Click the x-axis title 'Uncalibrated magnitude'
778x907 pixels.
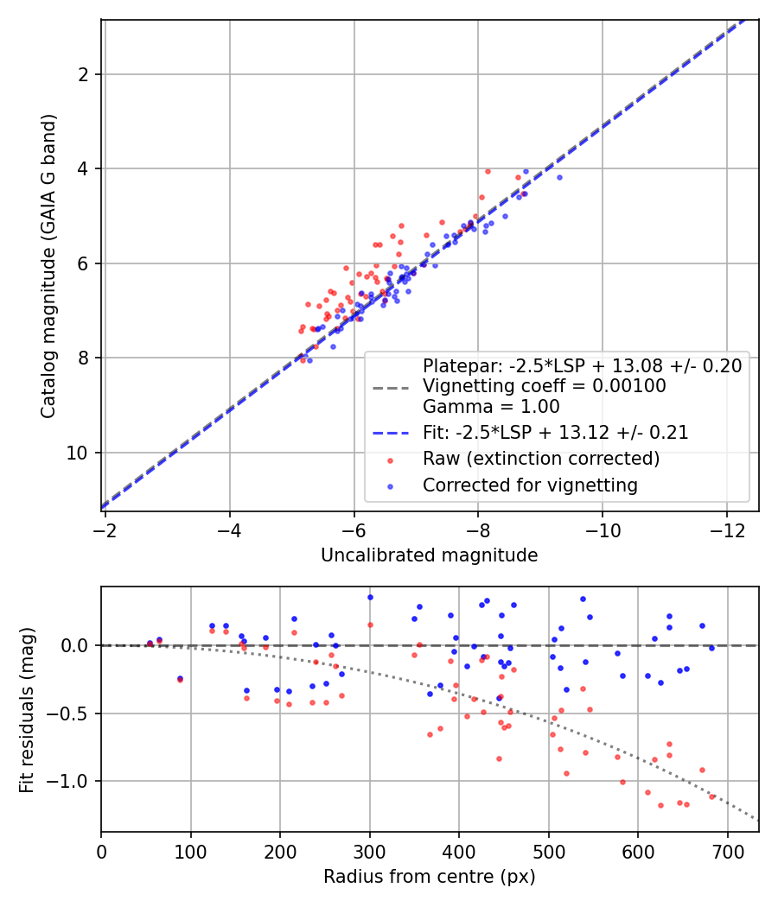[x=429, y=555]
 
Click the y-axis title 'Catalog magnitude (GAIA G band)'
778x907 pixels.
[x=48, y=266]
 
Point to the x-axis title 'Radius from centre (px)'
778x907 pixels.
[x=429, y=877]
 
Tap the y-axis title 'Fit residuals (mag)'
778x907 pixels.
[x=27, y=710]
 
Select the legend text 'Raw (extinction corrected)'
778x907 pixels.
[x=541, y=459]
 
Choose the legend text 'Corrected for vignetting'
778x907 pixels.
[x=530, y=485]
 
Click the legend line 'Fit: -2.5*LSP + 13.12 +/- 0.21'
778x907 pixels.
[x=556, y=432]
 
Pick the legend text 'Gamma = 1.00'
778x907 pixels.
[x=491, y=407]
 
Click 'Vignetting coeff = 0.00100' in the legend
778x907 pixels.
[x=544, y=386]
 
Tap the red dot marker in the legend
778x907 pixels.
[x=390, y=460]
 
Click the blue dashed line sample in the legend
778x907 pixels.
[x=391, y=433]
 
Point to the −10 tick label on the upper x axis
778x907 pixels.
[x=603, y=530]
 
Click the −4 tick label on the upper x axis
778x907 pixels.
[x=230, y=530]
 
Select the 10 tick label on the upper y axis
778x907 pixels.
[x=77, y=453]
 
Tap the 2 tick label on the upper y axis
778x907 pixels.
[x=83, y=74]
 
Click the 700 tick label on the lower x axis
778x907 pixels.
[x=727, y=852]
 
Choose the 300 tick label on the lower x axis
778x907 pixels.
[x=369, y=852]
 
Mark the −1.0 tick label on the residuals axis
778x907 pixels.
[x=68, y=782]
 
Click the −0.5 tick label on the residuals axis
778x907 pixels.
[x=68, y=714]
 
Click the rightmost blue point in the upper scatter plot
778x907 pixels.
[x=560, y=178]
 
